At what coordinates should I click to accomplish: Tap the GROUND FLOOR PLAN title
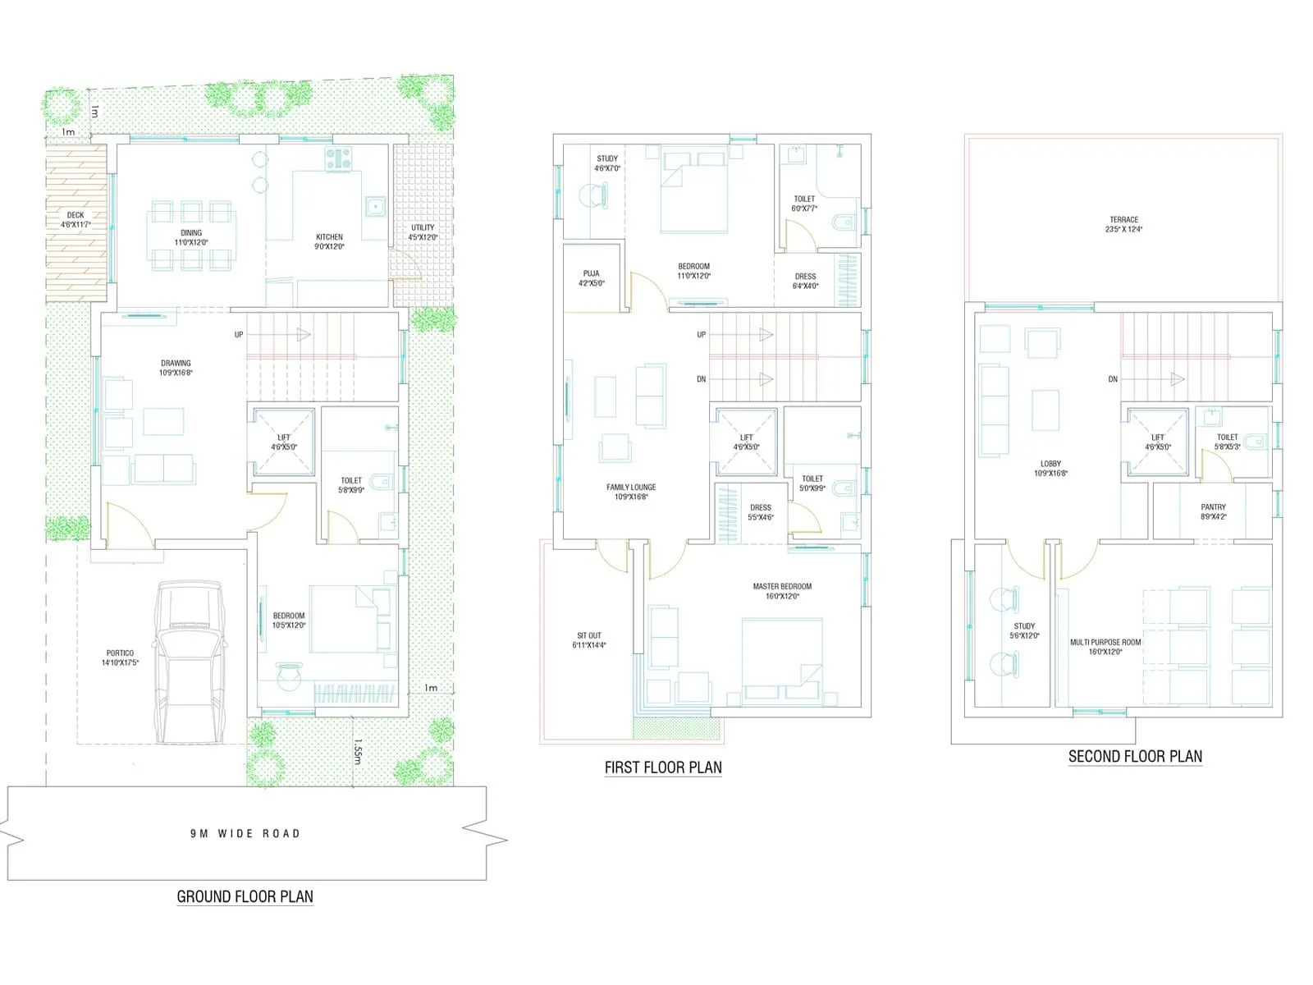245,896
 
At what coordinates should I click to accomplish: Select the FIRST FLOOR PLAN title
663,767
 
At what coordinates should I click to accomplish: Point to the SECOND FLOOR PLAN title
1135,757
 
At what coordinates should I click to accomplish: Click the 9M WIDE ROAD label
245,833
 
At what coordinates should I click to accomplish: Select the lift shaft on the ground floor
284,442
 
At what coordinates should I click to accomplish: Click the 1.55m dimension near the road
358,751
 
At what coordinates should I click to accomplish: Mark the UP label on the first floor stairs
701,335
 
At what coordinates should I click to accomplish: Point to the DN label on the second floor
1112,379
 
